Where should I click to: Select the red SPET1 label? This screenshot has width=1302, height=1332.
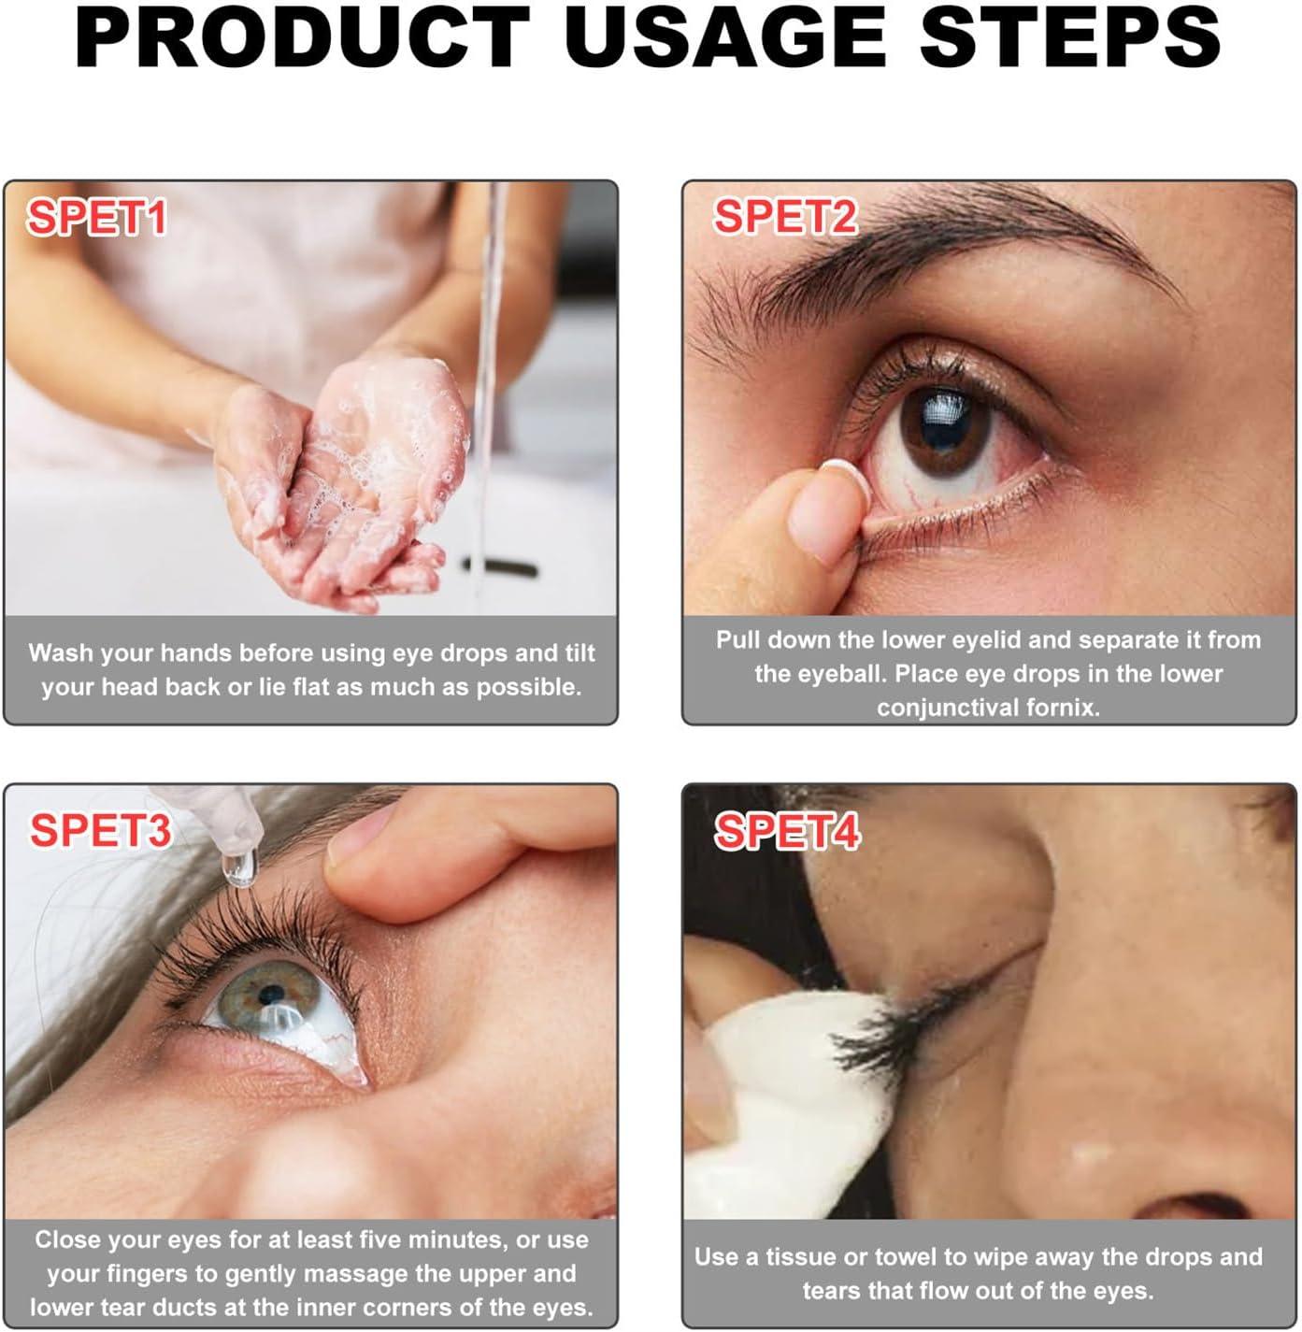[x=97, y=218]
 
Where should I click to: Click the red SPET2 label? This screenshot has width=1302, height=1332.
[x=785, y=217]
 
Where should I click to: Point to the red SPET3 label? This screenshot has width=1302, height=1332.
[x=100, y=830]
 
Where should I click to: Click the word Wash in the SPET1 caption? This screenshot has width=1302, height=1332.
[x=61, y=652]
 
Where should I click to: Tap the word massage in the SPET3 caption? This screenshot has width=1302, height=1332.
[x=347, y=1273]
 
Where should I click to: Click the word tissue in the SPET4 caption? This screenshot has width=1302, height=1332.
[x=805, y=1256]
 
